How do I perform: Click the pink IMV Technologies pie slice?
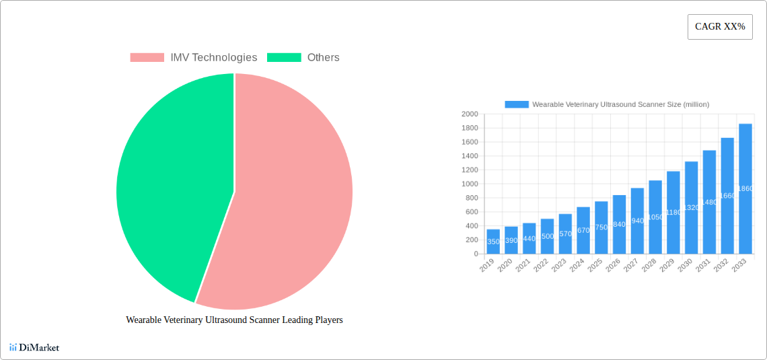(x=289, y=202)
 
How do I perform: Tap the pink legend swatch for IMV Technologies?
(x=147, y=58)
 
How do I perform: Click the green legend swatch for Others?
(x=284, y=58)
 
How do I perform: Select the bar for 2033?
(x=745, y=188)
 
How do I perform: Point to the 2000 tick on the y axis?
(x=470, y=114)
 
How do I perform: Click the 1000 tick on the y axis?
(x=470, y=184)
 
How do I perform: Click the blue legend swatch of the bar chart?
(x=517, y=104)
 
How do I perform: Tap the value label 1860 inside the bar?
(x=745, y=189)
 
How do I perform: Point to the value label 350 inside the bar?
(x=493, y=242)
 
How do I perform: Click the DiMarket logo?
(x=34, y=348)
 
